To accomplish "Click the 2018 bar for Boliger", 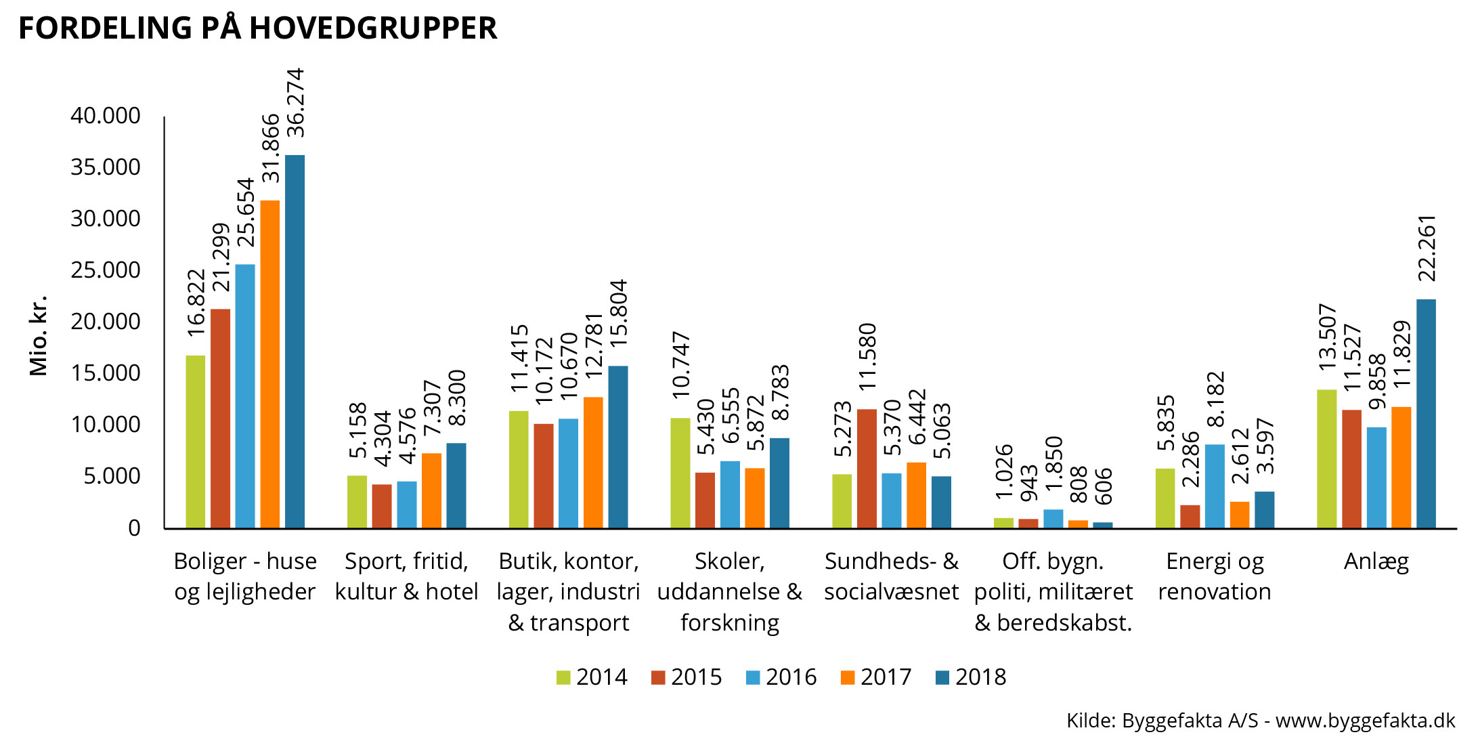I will tap(295, 341).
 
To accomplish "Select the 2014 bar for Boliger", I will tap(196, 442).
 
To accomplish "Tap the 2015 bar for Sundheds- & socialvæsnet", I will tap(867, 469).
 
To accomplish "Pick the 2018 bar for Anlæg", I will tap(1426, 413).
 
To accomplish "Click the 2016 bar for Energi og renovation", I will tap(1215, 486).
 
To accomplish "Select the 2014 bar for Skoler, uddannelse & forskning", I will tap(680, 473).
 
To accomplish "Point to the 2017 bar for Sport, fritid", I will tap(431, 490).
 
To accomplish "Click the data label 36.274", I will tap(295, 103).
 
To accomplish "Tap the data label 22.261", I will tap(1427, 248).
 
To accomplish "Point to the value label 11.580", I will tap(867, 356).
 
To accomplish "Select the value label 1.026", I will tap(1004, 471).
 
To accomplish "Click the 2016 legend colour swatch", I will tap(753, 677).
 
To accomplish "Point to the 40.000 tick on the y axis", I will tap(106, 116).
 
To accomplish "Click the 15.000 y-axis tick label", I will tap(106, 373).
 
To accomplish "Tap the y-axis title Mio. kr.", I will tap(39, 335).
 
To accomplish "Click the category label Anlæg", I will tap(1376, 561).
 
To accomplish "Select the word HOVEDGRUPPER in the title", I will tap(373, 28).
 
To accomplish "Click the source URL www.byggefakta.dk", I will tap(1365, 720).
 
